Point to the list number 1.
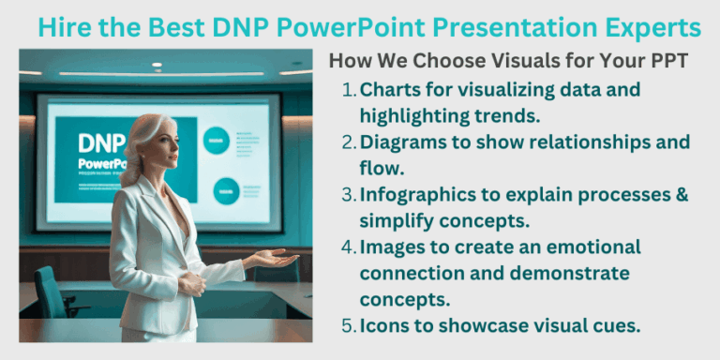(x=349, y=90)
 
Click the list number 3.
(x=349, y=195)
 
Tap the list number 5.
(x=349, y=326)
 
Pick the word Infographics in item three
(x=416, y=195)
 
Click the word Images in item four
(x=391, y=247)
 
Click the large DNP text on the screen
(x=103, y=143)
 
